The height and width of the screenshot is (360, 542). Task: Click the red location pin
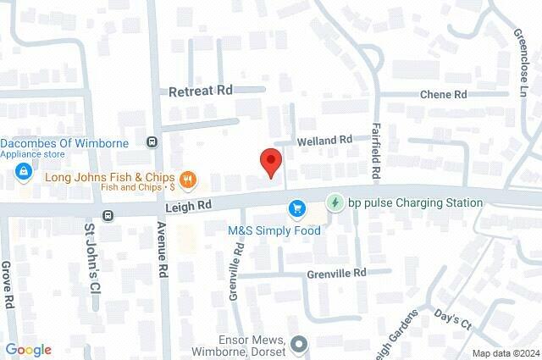[x=269, y=161]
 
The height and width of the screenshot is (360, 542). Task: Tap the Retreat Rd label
[x=200, y=91]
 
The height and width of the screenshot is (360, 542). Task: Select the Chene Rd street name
[x=444, y=95]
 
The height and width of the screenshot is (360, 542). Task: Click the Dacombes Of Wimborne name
[x=64, y=143]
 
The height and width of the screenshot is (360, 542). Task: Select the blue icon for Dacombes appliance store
[x=23, y=174]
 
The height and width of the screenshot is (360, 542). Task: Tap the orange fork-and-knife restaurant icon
[x=188, y=180]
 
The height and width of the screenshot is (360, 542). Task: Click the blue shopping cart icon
[x=296, y=208]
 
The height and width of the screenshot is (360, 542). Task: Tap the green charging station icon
[x=335, y=202]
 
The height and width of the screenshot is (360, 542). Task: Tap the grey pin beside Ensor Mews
[x=298, y=344]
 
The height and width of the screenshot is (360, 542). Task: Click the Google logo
[x=28, y=350]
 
